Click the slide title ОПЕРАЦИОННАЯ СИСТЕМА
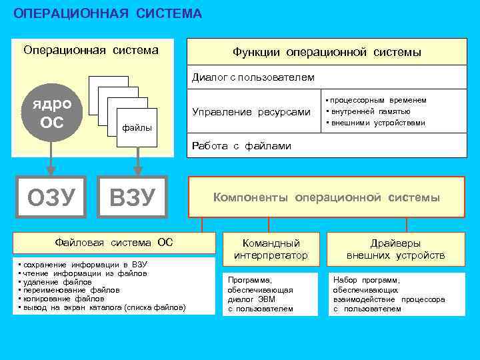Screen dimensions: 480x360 pos(107,13)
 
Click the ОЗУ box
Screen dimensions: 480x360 pos(51,197)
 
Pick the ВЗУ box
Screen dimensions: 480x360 pos(133,197)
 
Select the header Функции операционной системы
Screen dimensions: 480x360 pos(327,52)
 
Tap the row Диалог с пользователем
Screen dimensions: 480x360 pos(253,77)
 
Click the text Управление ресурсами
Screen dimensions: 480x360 pos(251,111)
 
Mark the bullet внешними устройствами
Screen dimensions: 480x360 pos(377,123)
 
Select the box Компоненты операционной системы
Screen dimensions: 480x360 pos(326,197)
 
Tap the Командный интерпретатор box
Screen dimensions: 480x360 pos(271,249)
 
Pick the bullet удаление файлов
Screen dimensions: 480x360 pos(57,282)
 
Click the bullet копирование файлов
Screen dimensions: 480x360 pos(63,299)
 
